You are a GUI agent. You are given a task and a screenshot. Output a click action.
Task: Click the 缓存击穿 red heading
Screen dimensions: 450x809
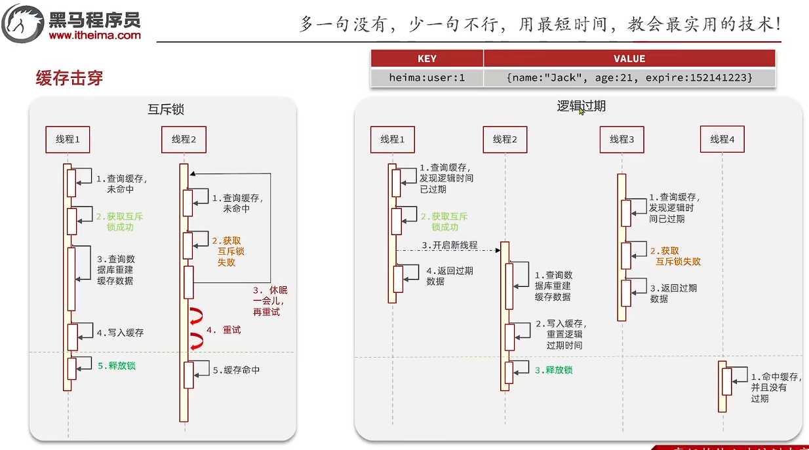coord(69,79)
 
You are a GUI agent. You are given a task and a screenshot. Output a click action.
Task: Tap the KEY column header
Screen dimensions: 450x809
coord(427,58)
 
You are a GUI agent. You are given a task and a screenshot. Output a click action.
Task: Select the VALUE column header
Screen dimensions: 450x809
coord(629,58)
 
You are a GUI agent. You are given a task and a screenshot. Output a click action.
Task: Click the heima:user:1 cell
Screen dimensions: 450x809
coord(427,77)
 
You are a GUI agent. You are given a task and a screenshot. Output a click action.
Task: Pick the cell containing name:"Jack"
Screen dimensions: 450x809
coord(629,77)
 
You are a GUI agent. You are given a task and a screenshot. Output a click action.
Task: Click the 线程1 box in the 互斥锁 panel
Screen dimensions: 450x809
coord(68,139)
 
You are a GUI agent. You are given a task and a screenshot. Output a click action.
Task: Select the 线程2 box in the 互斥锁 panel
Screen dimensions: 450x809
coord(184,139)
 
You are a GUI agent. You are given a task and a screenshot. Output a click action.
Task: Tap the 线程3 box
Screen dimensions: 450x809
coord(622,139)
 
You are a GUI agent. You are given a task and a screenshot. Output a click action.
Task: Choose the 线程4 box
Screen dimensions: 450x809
coord(722,139)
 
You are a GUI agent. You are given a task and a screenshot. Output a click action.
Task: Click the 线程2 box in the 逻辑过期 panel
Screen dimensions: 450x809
coord(505,139)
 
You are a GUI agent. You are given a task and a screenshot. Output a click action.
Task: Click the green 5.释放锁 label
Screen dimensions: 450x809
coord(117,366)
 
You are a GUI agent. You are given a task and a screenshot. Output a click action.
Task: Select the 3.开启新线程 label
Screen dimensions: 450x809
coord(449,246)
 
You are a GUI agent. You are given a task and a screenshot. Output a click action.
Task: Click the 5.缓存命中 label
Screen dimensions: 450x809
coord(236,370)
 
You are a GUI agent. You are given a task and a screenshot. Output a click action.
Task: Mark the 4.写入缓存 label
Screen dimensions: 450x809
coord(120,333)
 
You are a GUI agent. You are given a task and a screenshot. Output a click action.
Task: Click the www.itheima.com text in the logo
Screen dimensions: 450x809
coord(94,35)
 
